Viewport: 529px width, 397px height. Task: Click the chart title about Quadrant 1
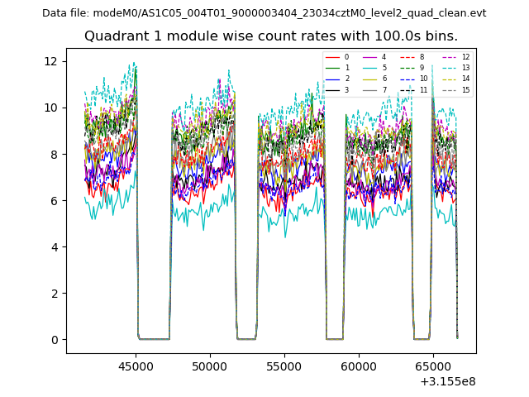click(x=271, y=36)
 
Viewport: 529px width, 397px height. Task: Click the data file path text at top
click(x=264, y=13)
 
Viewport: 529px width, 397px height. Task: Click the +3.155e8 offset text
click(x=447, y=380)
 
